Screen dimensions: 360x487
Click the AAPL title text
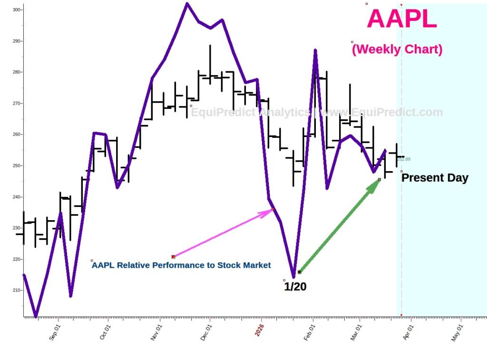pos(402,19)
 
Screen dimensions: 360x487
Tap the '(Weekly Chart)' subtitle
pos(397,49)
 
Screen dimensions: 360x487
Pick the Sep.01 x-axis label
pos(55,332)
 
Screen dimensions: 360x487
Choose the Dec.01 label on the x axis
pos(206,332)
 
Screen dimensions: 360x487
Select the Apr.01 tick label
pos(408,332)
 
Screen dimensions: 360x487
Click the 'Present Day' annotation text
pos(435,178)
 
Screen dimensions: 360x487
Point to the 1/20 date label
pos(295,287)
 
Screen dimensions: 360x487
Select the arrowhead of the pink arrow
pos(270,211)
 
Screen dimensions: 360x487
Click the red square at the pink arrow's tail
pos(173,257)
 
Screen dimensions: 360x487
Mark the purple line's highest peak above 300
pos(187,4)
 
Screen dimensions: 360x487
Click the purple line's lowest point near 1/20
pos(293,277)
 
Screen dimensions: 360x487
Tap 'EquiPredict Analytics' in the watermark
pos(250,113)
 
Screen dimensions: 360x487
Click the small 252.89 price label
pos(405,159)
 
